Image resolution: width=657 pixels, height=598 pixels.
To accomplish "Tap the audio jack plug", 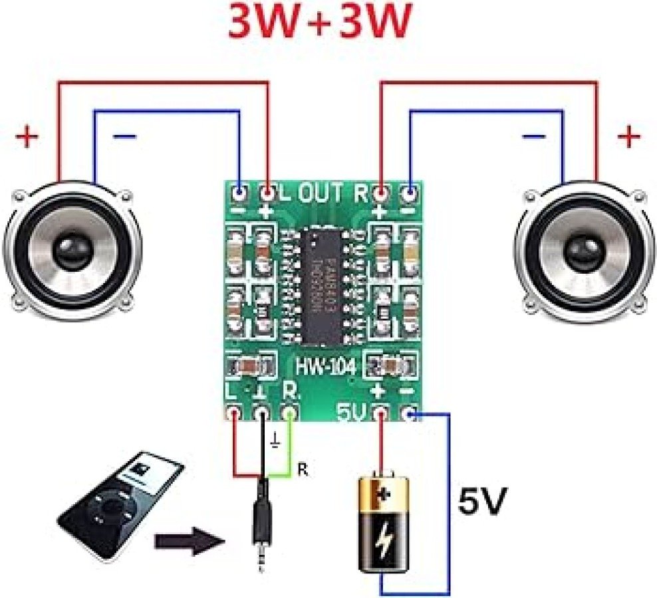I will point(260,532).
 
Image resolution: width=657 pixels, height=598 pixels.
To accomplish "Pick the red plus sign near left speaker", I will point(27,138).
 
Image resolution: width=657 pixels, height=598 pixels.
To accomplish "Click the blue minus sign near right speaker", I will point(533,137).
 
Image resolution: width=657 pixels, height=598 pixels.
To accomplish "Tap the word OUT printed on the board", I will point(321,194).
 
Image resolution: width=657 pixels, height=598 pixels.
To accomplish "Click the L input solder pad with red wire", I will point(233,414).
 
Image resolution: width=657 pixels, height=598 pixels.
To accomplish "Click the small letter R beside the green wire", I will point(303,470).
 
